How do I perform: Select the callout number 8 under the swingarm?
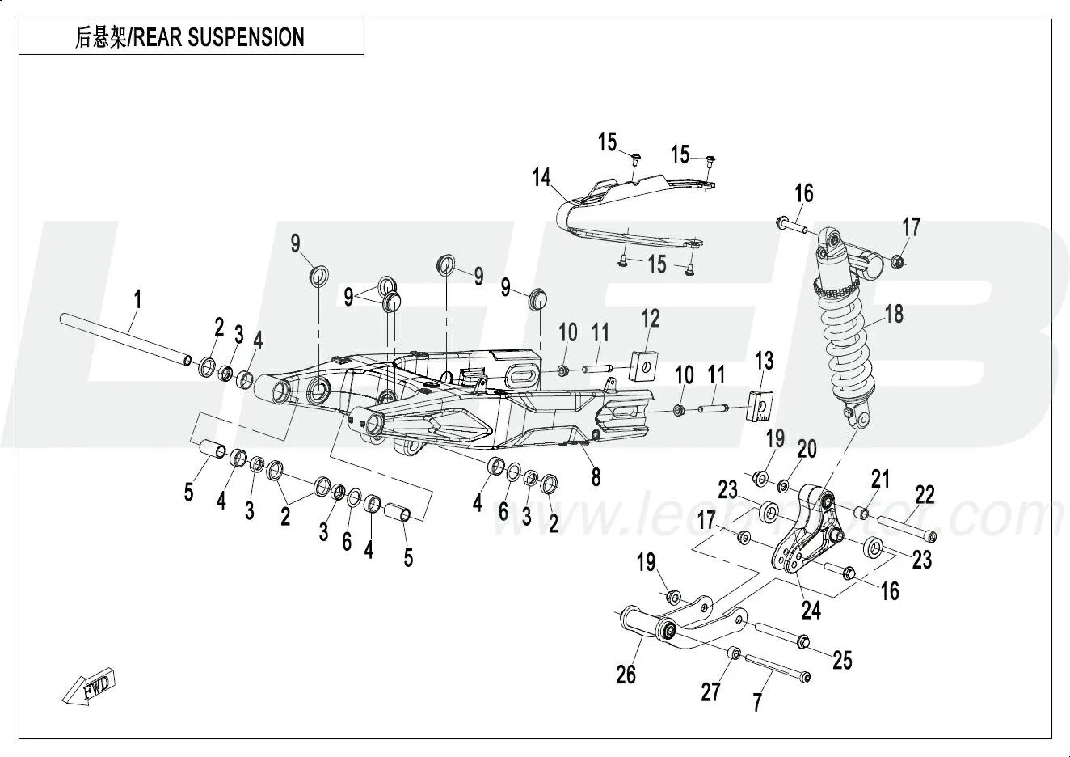click(x=596, y=477)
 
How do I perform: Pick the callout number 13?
click(x=764, y=360)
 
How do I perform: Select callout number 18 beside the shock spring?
click(x=894, y=313)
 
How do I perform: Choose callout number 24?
click(x=811, y=610)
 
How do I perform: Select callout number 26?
click(x=626, y=674)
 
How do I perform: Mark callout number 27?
click(x=710, y=691)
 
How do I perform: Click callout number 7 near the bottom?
click(x=757, y=702)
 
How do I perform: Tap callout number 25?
click(x=842, y=661)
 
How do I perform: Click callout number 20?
click(x=807, y=450)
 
